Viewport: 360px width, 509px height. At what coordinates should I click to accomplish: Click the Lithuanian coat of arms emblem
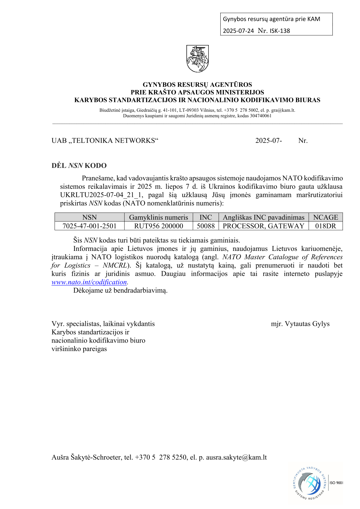(x=197, y=58)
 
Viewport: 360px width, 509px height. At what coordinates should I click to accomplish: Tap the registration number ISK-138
(x=280, y=31)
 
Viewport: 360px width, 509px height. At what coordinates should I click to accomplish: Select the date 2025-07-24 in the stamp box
(x=238, y=31)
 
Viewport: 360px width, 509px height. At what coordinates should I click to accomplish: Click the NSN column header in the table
(x=89, y=217)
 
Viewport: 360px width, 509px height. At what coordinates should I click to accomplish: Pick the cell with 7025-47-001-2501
(x=89, y=226)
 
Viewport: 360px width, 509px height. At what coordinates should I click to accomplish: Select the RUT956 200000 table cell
(x=159, y=226)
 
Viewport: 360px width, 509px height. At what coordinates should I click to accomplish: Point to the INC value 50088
(x=206, y=226)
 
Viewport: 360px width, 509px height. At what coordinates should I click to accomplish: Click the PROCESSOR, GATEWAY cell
(x=263, y=226)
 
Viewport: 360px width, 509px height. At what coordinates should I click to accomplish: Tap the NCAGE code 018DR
(x=325, y=226)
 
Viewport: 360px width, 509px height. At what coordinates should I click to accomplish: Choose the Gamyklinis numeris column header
(x=159, y=217)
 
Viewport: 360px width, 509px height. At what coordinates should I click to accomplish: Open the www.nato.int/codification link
(x=89, y=282)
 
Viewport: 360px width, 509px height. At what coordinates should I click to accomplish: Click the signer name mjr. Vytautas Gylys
(x=300, y=324)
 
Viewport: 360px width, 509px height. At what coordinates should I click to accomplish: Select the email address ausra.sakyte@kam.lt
(x=236, y=457)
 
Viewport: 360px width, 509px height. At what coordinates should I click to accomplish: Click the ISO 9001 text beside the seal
(x=336, y=483)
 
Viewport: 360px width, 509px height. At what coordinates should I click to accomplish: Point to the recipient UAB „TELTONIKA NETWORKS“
(x=105, y=141)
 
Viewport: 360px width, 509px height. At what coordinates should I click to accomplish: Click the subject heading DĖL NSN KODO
(x=79, y=166)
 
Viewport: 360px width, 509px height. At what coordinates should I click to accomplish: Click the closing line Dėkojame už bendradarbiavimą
(x=120, y=290)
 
